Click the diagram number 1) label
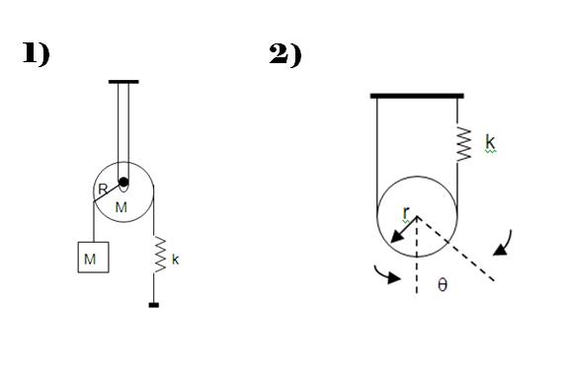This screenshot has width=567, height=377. [x=37, y=54]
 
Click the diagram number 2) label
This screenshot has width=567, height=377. [x=285, y=54]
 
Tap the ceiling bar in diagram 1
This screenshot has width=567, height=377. [x=123, y=82]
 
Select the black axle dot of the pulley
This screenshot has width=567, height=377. [x=123, y=182]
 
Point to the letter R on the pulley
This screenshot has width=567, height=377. [x=103, y=188]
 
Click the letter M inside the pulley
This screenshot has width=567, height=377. [x=121, y=207]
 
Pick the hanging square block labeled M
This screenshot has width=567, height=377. [x=93, y=257]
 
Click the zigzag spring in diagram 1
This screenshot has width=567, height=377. [x=160, y=255]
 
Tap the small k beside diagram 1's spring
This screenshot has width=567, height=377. [x=176, y=260]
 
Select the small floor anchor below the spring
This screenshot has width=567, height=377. [x=154, y=305]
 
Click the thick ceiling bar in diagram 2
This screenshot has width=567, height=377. [x=417, y=96]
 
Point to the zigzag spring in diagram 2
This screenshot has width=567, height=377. [x=464, y=144]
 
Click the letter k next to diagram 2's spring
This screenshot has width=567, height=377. [x=490, y=142]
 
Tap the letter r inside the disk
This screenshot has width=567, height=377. [x=406, y=213]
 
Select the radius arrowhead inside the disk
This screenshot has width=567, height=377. [x=397, y=237]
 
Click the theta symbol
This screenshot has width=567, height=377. [x=443, y=284]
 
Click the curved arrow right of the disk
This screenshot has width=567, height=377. [x=504, y=244]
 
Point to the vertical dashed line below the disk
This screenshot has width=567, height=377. [x=417, y=255]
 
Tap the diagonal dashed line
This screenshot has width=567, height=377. [x=455, y=248]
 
